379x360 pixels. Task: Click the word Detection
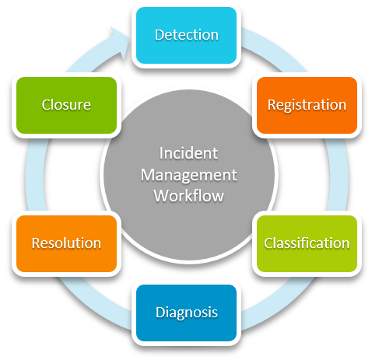[x=187, y=35]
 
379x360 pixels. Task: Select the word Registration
[x=307, y=105]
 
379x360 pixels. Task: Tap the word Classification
[x=307, y=243]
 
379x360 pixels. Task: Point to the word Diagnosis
[x=187, y=313]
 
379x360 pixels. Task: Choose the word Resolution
[x=66, y=243]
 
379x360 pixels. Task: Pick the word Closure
[x=66, y=105]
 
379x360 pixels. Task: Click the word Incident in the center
[x=188, y=153]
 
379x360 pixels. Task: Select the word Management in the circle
[x=188, y=176]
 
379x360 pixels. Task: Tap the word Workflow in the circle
[x=188, y=196]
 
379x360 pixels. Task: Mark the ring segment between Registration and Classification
[x=338, y=174]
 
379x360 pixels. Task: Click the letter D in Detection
[x=160, y=35]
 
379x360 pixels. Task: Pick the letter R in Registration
[x=272, y=104]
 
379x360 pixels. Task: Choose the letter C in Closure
[x=47, y=105]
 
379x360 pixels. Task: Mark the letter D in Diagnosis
[x=160, y=312]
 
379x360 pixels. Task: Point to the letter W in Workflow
[x=162, y=196]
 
